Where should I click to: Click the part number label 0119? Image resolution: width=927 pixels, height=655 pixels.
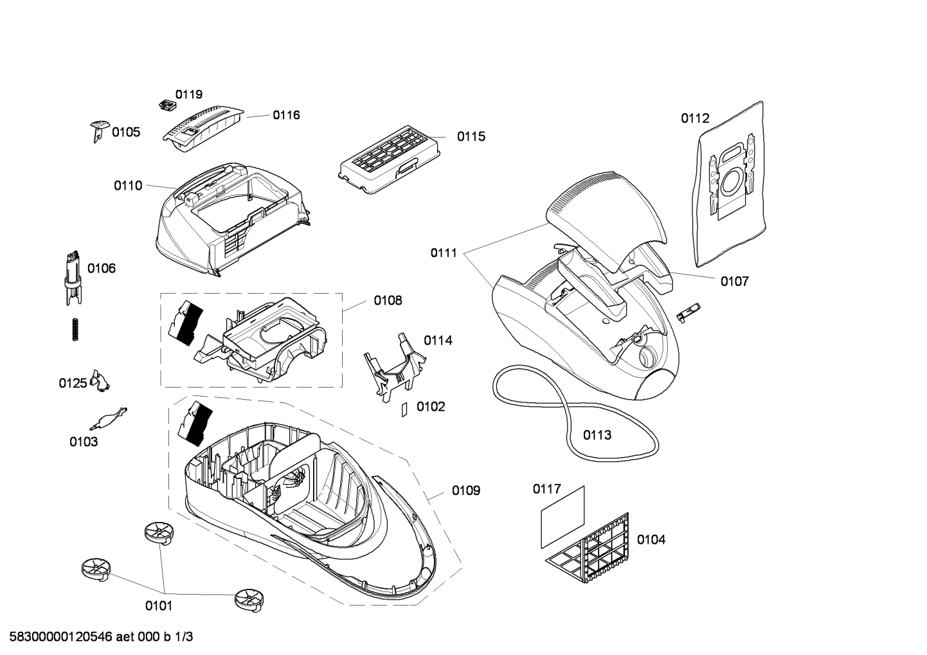189,94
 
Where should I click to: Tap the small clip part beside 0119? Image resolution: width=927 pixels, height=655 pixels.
168,105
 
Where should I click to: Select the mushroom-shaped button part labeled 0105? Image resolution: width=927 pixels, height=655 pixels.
100,130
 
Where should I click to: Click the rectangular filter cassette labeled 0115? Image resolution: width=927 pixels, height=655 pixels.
390,159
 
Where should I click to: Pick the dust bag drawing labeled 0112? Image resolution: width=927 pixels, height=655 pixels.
730,184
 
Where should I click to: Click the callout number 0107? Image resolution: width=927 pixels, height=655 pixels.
735,282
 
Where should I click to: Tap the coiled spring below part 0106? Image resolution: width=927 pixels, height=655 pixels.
75,329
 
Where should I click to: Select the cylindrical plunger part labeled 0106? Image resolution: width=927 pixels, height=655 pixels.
74,278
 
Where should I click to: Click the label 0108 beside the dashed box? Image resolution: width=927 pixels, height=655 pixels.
388,300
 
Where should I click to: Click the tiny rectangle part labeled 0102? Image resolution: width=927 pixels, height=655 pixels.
404,409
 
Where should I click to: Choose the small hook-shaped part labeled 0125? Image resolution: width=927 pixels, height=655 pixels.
100,381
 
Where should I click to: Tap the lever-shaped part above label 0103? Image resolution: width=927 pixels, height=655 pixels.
109,418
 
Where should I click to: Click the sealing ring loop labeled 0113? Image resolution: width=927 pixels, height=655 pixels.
575,413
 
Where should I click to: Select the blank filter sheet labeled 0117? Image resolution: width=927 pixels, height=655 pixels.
563,517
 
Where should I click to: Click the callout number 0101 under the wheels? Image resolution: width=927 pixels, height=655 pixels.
159,606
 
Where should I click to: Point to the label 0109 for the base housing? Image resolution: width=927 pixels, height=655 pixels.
466,490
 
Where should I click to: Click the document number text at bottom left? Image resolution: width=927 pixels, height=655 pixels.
101,636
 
